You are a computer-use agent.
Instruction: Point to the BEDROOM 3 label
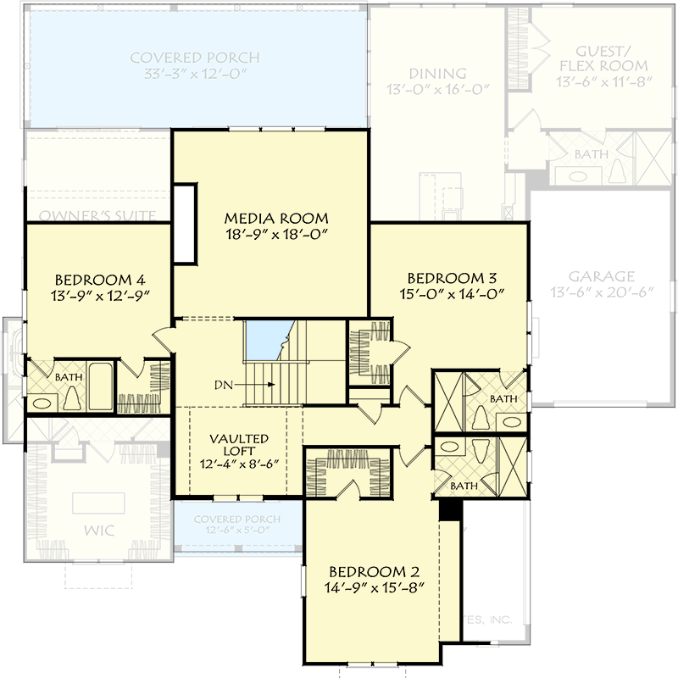pyautogui.click(x=451, y=277)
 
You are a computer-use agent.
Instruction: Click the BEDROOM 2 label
pyautogui.click(x=373, y=570)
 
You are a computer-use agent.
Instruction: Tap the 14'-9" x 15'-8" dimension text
pyautogui.click(x=373, y=586)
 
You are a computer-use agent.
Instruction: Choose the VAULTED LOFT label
pyautogui.click(x=240, y=446)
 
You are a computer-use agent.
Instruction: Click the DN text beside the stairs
pyautogui.click(x=223, y=384)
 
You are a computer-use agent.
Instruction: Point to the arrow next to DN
pyautogui.click(x=258, y=384)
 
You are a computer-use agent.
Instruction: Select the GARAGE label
pyautogui.click(x=602, y=276)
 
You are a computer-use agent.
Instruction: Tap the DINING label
pyautogui.click(x=437, y=73)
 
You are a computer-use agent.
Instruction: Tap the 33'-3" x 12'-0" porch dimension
pyautogui.click(x=195, y=75)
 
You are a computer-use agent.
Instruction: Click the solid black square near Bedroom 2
pyautogui.click(x=449, y=511)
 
